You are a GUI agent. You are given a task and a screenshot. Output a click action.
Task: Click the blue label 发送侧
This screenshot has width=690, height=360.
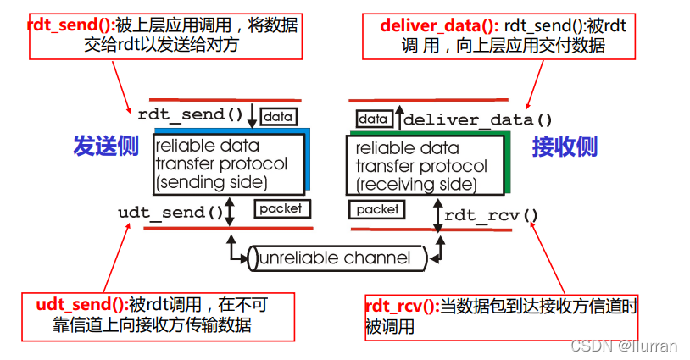[105, 147]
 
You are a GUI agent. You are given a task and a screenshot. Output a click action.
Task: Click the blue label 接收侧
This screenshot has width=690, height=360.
[565, 147]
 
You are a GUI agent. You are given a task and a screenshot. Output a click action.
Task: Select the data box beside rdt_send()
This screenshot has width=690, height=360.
[278, 116]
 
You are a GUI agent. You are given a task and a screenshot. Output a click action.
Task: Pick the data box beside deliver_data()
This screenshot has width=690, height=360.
[372, 119]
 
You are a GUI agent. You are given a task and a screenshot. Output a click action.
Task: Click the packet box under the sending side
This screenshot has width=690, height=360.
[280, 208]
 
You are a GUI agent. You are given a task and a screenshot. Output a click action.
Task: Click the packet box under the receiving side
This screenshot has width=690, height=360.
[377, 208]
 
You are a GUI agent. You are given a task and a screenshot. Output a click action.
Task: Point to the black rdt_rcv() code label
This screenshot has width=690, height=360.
[491, 214]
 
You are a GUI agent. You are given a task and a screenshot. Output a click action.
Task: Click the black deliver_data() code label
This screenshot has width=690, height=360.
[478, 119]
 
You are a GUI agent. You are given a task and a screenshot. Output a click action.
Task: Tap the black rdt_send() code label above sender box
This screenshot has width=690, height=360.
[190, 114]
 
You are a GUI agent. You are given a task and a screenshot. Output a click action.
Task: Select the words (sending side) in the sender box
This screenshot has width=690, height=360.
[211, 181]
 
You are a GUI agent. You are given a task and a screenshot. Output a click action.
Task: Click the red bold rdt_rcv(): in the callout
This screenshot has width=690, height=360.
[401, 307]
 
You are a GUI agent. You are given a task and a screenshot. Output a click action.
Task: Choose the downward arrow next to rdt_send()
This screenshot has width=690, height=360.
[252, 115]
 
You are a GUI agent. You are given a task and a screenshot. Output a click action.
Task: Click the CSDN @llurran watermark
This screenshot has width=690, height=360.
[624, 346]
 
